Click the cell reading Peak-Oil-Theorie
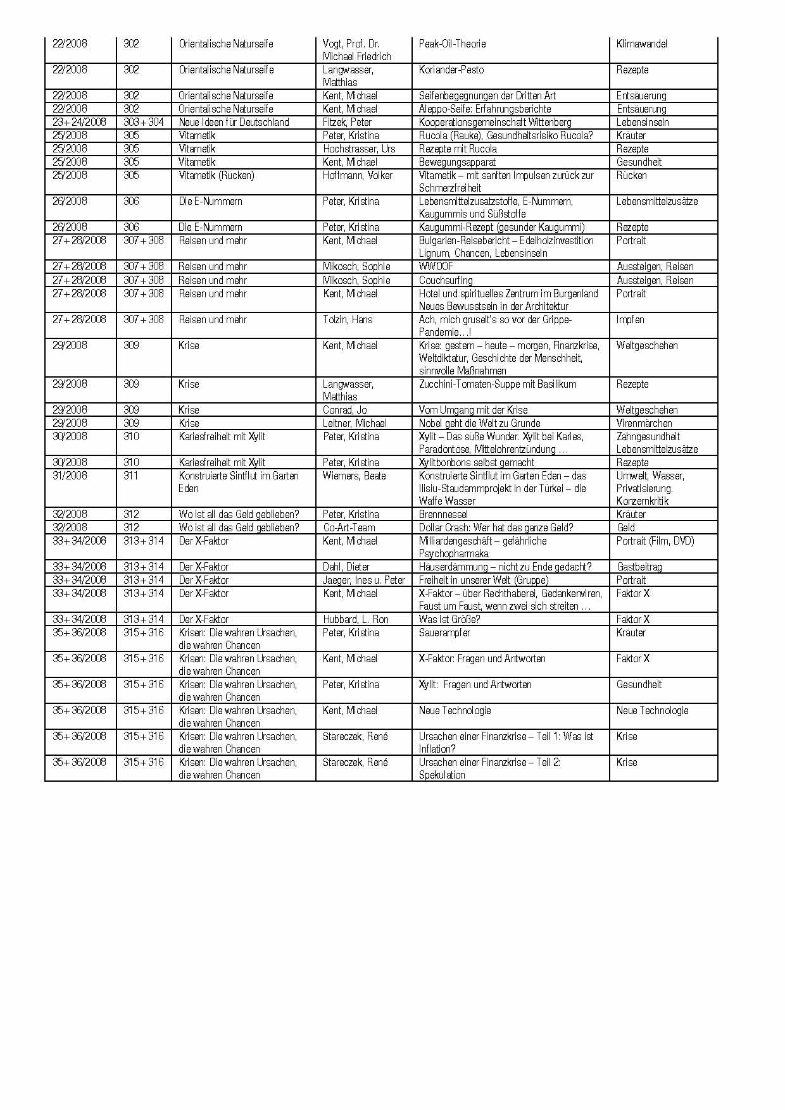point(452,44)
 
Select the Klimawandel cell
point(641,44)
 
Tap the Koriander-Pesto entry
point(451,70)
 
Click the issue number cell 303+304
point(144,122)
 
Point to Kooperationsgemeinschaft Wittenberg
point(495,122)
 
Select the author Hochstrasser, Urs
point(359,149)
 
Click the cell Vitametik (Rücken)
point(217,175)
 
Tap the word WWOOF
point(436,266)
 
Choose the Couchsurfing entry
point(446,280)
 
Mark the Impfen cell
point(630,319)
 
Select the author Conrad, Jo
point(344,410)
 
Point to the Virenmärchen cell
point(644,423)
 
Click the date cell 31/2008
point(70,476)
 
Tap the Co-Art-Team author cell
point(349,527)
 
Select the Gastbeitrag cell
point(639,567)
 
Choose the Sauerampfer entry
point(444,632)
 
